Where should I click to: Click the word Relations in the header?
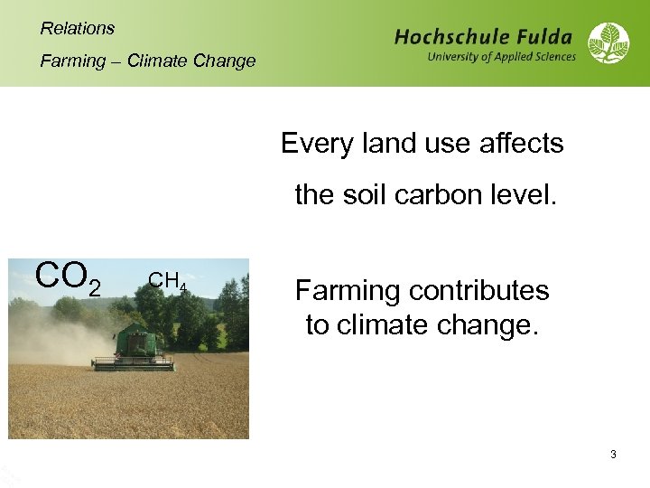(78, 28)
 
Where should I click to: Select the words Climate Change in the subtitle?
(191, 61)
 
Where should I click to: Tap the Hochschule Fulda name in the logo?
(483, 37)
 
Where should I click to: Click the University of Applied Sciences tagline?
(501, 57)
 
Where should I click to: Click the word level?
(524, 194)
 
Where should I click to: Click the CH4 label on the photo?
(168, 282)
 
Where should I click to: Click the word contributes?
(478, 291)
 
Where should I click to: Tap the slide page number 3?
(613, 455)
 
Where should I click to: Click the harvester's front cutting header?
(133, 363)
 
